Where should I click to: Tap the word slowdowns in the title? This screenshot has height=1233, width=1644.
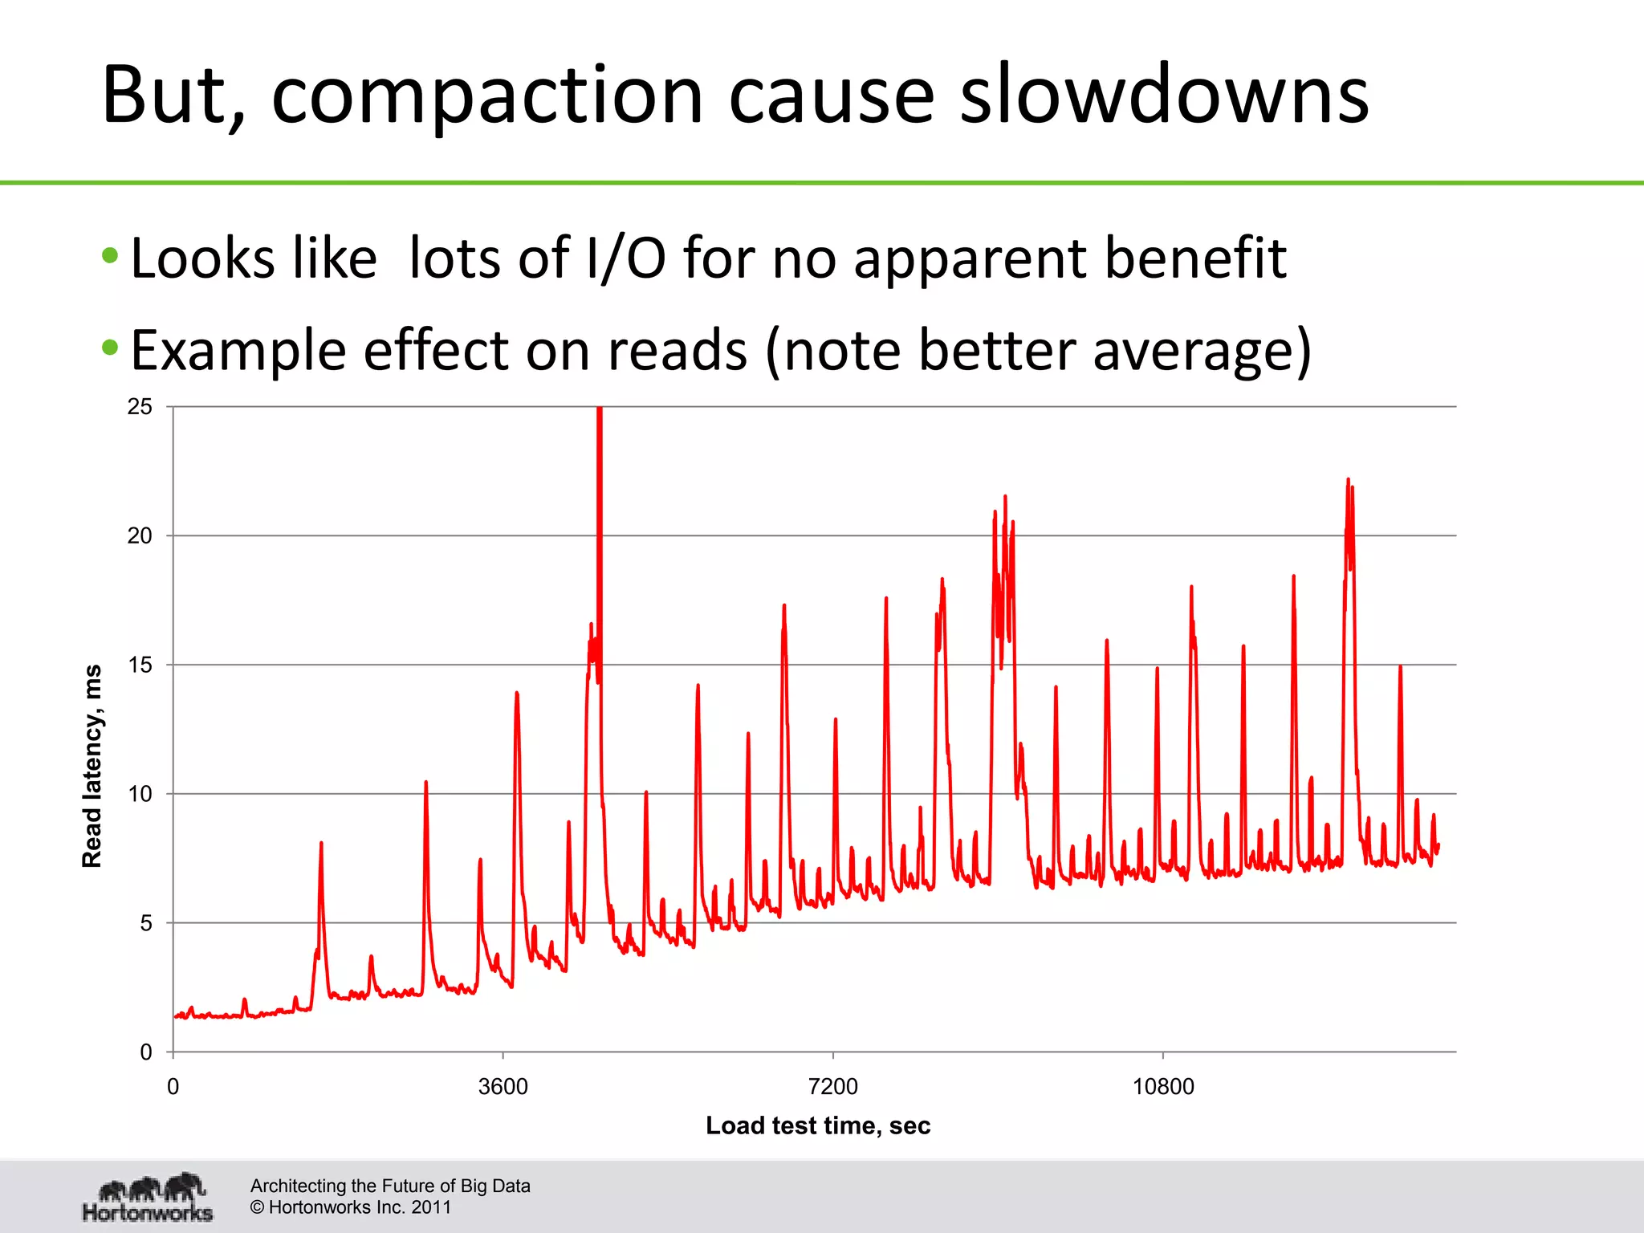pos(1164,96)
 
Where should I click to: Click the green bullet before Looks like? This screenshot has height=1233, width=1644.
pos(111,257)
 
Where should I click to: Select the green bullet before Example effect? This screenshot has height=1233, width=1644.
pos(111,348)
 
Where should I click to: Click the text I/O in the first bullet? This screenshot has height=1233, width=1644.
pos(625,258)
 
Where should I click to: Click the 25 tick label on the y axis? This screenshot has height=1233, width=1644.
pos(140,407)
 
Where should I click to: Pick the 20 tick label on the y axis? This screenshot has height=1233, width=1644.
pos(140,536)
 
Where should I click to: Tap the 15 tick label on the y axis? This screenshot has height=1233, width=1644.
pos(140,665)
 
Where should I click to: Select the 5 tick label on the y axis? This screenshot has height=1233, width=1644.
pos(145,923)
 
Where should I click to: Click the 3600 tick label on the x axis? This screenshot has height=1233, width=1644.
pos(503,1087)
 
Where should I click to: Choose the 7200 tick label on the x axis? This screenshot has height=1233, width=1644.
pos(833,1087)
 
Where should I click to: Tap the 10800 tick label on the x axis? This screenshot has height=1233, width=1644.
pos(1163,1087)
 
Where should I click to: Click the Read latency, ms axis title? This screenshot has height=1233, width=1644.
pos(92,766)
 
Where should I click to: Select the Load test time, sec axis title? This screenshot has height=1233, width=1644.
pos(818,1125)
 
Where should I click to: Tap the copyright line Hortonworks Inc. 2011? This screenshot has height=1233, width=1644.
pos(351,1207)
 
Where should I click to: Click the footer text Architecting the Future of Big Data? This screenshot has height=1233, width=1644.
pos(390,1186)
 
